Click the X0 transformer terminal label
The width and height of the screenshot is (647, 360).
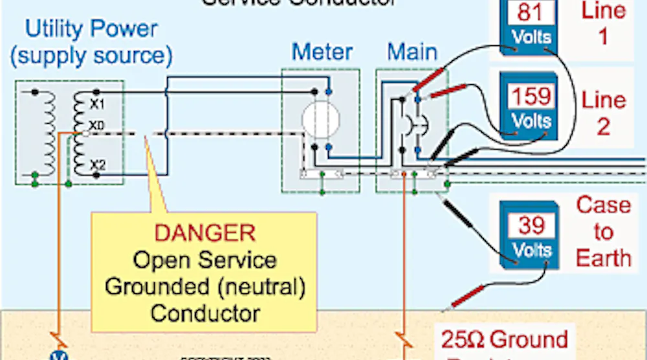(96, 124)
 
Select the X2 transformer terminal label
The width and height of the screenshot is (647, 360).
(96, 164)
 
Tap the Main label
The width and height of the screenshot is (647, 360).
(412, 52)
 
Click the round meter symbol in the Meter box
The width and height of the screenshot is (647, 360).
(320, 118)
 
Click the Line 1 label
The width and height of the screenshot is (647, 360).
(603, 23)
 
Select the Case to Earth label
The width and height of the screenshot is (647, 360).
(603, 231)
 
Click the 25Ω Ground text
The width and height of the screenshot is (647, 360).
(505, 339)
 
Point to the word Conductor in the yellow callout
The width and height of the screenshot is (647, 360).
(205, 313)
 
